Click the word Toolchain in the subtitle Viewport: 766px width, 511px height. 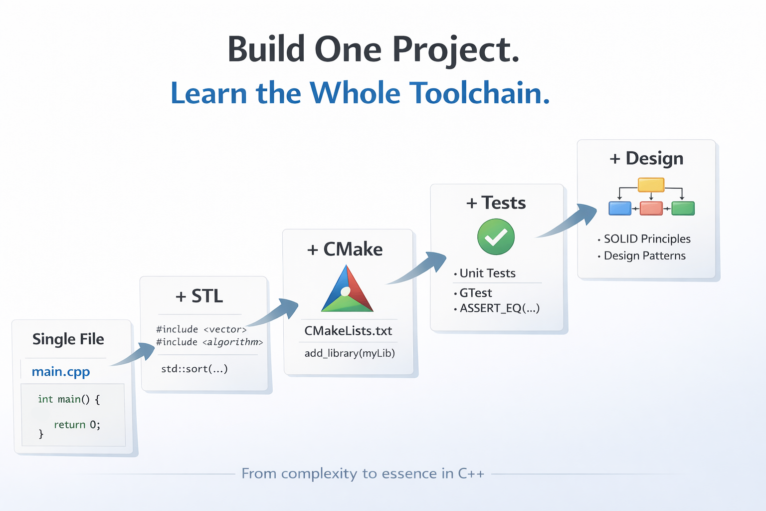pyautogui.click(x=479, y=93)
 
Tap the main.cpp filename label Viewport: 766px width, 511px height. pyautogui.click(x=61, y=372)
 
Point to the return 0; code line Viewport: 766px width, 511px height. pyautogui.click(x=77, y=425)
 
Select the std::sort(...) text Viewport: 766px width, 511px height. pyautogui.click(x=194, y=369)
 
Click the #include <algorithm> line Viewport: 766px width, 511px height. pyautogui.click(x=209, y=342)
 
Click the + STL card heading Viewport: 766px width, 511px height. pyautogui.click(x=199, y=296)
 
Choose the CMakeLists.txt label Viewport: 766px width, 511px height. pyautogui.click(x=348, y=331)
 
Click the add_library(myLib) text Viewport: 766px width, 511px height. pyautogui.click(x=350, y=353)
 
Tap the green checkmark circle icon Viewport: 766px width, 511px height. pyautogui.click(x=496, y=237)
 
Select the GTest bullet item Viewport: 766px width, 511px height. pyautogui.click(x=475, y=293)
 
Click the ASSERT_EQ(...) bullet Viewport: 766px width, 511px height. pyautogui.click(x=499, y=308)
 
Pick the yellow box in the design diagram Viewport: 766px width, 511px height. pyautogui.click(x=651, y=185)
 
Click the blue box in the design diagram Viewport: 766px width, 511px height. pyautogui.click(x=620, y=208)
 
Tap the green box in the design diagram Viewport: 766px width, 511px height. pyautogui.click(x=683, y=208)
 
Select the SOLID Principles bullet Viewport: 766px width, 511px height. pyautogui.click(x=647, y=239)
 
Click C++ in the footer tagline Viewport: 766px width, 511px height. pyautogui.click(x=471, y=474)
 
